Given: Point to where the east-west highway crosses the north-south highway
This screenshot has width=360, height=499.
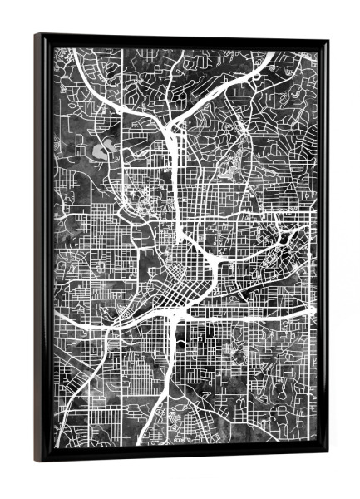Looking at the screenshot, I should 175,314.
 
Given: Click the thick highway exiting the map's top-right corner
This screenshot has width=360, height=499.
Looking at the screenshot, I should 269,59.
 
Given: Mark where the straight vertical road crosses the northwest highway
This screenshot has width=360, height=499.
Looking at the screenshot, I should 122,117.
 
